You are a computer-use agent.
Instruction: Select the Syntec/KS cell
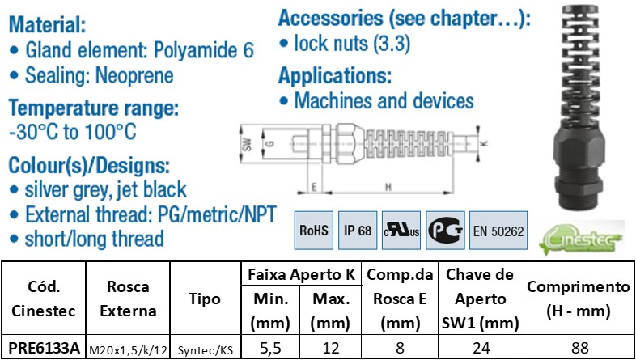pyautogui.click(x=205, y=349)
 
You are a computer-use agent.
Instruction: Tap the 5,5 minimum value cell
pyautogui.click(x=271, y=349)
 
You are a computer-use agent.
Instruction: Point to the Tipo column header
pyautogui.click(x=205, y=299)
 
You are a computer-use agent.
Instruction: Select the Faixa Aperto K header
pyautogui.click(x=301, y=274)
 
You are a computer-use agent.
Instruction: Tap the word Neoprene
pyautogui.click(x=134, y=77)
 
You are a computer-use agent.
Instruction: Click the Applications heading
pyautogui.click(x=334, y=77)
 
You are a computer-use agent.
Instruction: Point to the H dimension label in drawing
pyautogui.click(x=388, y=188)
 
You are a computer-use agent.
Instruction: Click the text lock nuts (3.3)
pyautogui.click(x=344, y=44)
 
